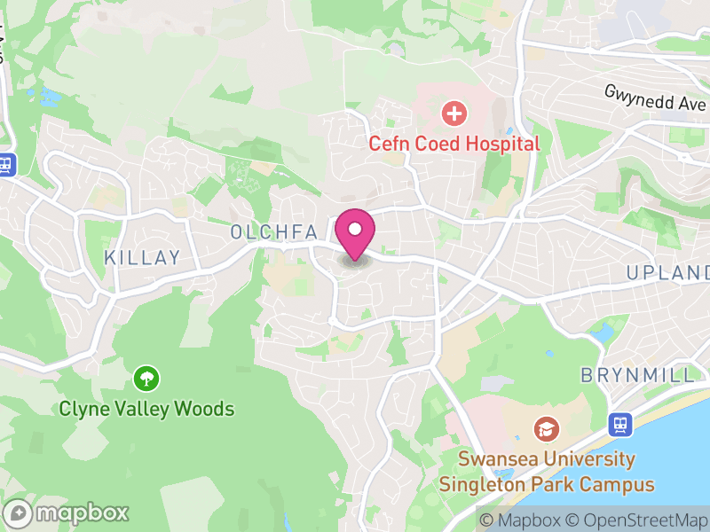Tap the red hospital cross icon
(x=454, y=113)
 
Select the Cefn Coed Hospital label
(x=454, y=143)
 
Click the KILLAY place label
(x=142, y=258)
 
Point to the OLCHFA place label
(x=273, y=232)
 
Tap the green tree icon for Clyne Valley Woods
(x=146, y=379)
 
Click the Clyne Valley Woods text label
(x=146, y=409)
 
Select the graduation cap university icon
(x=547, y=430)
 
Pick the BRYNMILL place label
(x=638, y=375)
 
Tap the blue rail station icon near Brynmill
(x=619, y=425)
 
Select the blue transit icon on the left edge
(x=7, y=165)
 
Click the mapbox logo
(x=67, y=512)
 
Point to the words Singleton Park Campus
(x=546, y=485)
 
